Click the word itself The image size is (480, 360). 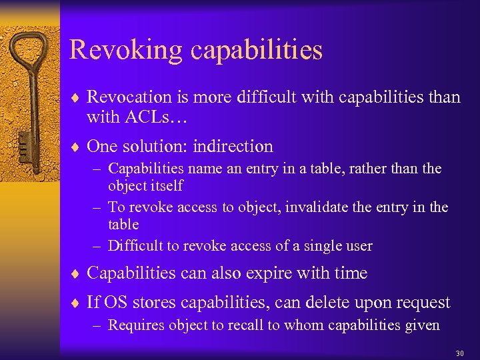click(x=163, y=186)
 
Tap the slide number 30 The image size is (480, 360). click(x=459, y=353)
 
